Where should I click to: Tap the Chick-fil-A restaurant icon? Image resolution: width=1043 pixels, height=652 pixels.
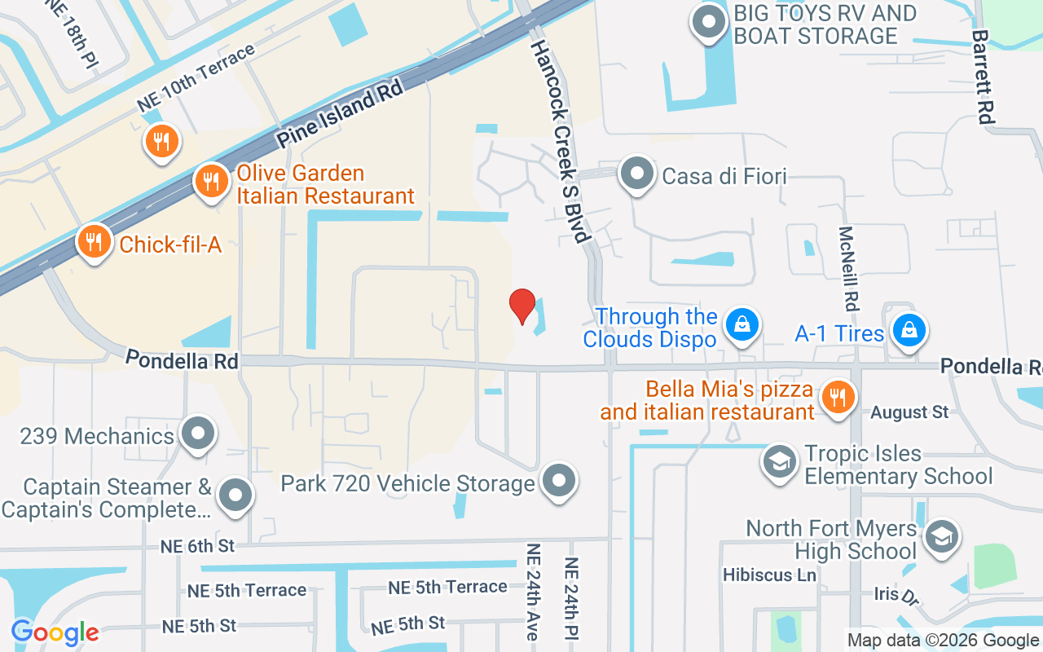(95, 242)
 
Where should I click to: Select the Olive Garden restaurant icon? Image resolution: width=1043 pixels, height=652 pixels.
(212, 181)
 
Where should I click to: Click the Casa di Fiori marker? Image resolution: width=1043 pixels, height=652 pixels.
(636, 174)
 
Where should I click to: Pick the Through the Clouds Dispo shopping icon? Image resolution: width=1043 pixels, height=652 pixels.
(742, 324)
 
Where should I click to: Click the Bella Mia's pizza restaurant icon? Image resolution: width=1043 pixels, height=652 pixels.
(836, 397)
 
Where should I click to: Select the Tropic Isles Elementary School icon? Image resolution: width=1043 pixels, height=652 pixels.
(779, 461)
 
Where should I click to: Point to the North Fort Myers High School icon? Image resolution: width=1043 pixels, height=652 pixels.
(942, 537)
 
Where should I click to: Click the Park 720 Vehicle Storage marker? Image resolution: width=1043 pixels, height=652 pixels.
(559, 480)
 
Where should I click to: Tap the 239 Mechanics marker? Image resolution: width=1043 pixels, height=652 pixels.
(197, 434)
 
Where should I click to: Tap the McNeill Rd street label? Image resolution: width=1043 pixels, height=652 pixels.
(848, 268)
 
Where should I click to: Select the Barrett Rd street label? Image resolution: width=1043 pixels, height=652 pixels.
(984, 77)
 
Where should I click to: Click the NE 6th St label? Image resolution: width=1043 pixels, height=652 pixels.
(198, 546)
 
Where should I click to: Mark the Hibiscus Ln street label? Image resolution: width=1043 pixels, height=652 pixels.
(769, 575)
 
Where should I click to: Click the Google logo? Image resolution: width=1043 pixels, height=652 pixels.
(55, 632)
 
